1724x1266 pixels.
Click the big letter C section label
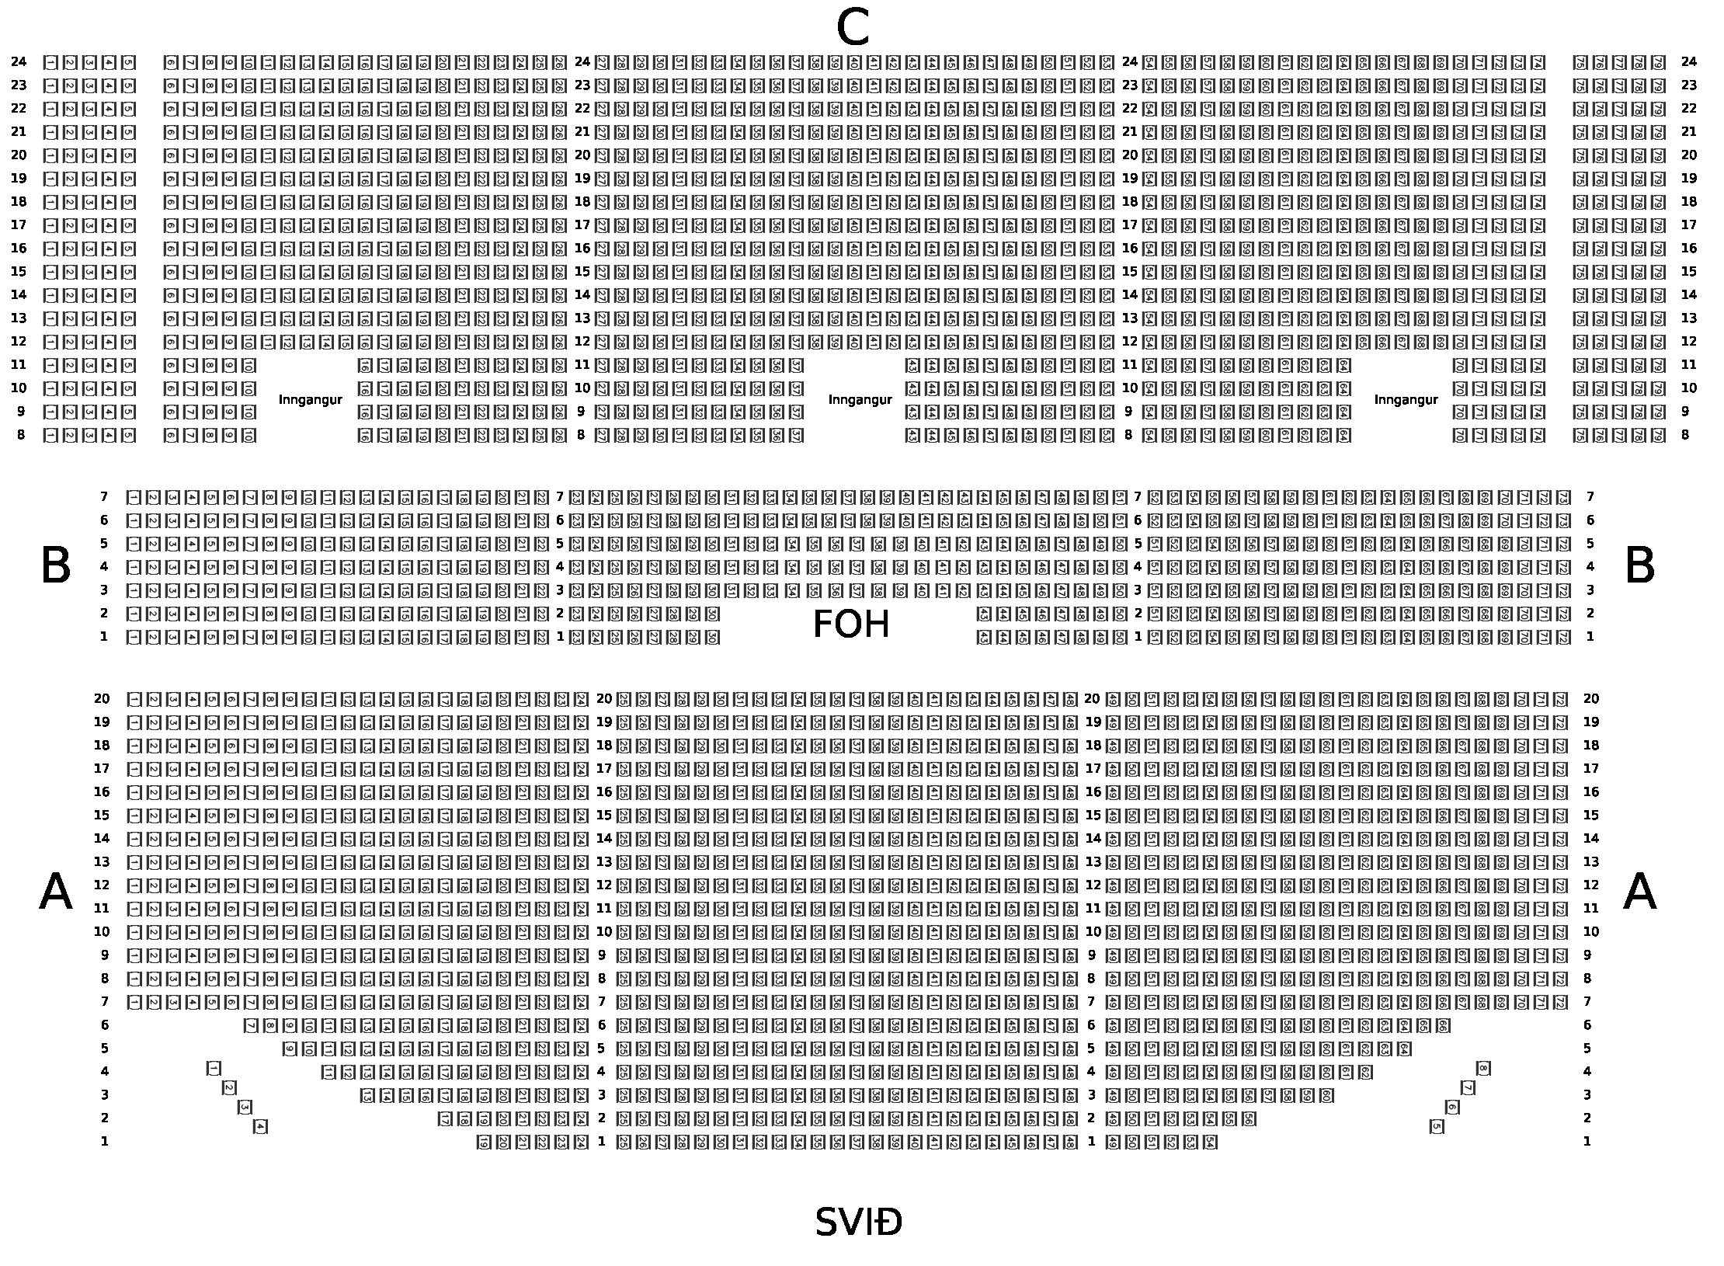[852, 30]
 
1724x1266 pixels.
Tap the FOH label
[850, 625]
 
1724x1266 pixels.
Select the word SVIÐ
[858, 1223]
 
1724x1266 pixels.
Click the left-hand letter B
[55, 566]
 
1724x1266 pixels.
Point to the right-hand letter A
[1639, 892]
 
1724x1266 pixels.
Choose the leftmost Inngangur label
[310, 400]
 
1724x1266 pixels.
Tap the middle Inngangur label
[860, 400]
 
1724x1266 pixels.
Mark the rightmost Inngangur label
[1406, 400]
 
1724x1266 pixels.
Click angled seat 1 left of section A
[214, 1069]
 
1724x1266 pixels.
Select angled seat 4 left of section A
[260, 1126]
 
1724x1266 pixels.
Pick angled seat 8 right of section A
[1483, 1069]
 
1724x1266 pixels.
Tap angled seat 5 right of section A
[1437, 1126]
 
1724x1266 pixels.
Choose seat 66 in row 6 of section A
[1443, 1026]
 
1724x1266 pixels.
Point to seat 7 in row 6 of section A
[251, 1026]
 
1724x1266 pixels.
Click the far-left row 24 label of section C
[19, 62]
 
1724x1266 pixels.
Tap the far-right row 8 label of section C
[1685, 436]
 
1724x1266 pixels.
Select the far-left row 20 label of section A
[102, 699]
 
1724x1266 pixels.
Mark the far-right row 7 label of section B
[1590, 497]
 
